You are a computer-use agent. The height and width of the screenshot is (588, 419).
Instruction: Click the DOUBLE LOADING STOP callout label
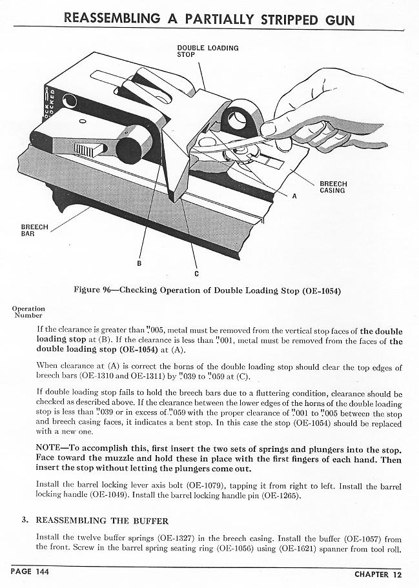[x=207, y=51]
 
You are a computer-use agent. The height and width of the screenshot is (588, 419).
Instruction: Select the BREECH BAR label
[x=34, y=230]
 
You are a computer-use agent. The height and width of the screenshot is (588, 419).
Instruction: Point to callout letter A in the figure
[x=294, y=196]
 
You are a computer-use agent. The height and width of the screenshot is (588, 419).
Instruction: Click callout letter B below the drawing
[x=139, y=263]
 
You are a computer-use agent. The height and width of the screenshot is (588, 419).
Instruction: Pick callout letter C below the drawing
[x=196, y=272]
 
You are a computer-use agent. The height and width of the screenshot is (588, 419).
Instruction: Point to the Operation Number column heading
[x=28, y=312]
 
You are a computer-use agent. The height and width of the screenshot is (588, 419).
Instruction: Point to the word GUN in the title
[x=340, y=19]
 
